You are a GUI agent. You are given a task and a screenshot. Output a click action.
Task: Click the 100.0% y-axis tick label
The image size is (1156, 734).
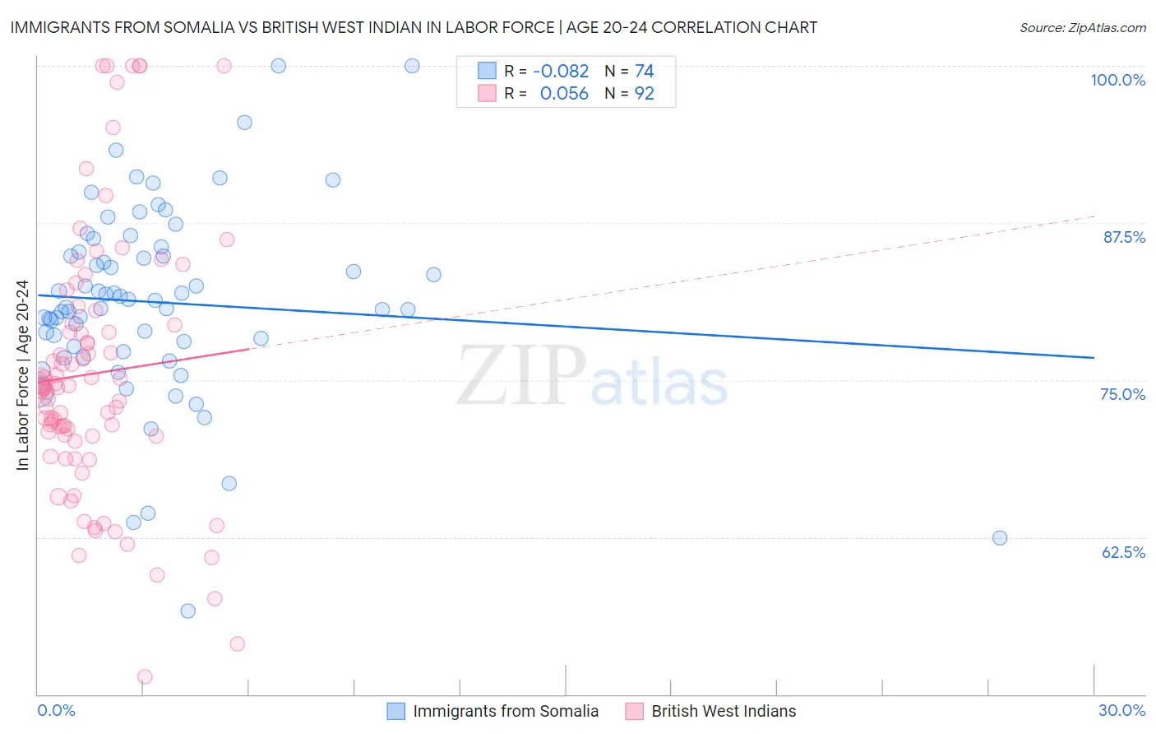click(1117, 80)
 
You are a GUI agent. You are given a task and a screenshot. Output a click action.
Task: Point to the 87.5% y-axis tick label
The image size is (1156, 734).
click(1124, 237)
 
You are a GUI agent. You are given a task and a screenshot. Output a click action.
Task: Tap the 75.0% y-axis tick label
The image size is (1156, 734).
click(1122, 394)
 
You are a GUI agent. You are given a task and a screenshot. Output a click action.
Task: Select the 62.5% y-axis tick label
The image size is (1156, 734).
click(1123, 552)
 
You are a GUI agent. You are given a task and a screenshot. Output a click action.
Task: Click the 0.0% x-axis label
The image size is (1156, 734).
click(56, 710)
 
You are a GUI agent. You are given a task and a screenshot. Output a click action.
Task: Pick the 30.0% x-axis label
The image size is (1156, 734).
click(1121, 710)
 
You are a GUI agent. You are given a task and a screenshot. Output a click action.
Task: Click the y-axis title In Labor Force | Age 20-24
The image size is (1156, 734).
click(22, 375)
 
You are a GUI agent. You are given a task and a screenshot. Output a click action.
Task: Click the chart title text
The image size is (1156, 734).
click(414, 27)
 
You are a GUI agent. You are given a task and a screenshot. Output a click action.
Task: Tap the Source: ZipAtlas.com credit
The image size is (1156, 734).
click(1082, 27)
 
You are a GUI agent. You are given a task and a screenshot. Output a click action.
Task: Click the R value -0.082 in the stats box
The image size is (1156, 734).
click(561, 72)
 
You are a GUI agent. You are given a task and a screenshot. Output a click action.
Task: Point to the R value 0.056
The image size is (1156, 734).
click(564, 94)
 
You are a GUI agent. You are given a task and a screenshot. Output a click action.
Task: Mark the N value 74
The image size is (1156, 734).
click(644, 72)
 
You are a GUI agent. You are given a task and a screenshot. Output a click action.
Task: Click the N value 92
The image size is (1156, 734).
click(644, 94)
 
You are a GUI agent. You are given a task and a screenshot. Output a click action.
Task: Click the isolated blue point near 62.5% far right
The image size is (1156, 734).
click(1000, 538)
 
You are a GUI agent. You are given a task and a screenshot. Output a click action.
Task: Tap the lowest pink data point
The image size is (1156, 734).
click(145, 676)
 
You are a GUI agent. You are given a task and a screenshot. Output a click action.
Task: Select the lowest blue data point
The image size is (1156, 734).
click(188, 611)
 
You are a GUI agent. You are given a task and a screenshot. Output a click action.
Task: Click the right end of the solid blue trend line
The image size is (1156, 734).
click(1094, 357)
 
